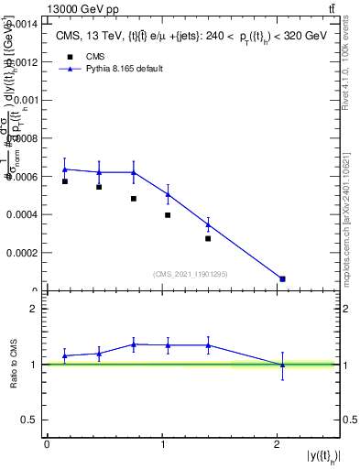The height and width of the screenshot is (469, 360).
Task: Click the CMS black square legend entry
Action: [x=70, y=56]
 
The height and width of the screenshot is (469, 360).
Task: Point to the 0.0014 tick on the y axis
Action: [x=25, y=24]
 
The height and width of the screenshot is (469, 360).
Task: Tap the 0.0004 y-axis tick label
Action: [x=25, y=214]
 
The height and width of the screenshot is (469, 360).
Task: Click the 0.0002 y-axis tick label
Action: [x=25, y=253]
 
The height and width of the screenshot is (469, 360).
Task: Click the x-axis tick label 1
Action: [x=162, y=444]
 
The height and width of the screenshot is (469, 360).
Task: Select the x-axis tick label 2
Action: [x=278, y=444]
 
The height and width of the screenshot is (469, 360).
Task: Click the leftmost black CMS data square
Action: [x=65, y=181]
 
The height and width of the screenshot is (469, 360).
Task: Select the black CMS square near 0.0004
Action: [x=168, y=215]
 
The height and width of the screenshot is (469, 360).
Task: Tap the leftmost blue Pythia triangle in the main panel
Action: [x=65, y=169]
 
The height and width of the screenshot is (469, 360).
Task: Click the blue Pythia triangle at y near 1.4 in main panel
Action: [x=209, y=224]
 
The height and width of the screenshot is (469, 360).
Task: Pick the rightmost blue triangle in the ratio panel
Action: [x=282, y=365]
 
